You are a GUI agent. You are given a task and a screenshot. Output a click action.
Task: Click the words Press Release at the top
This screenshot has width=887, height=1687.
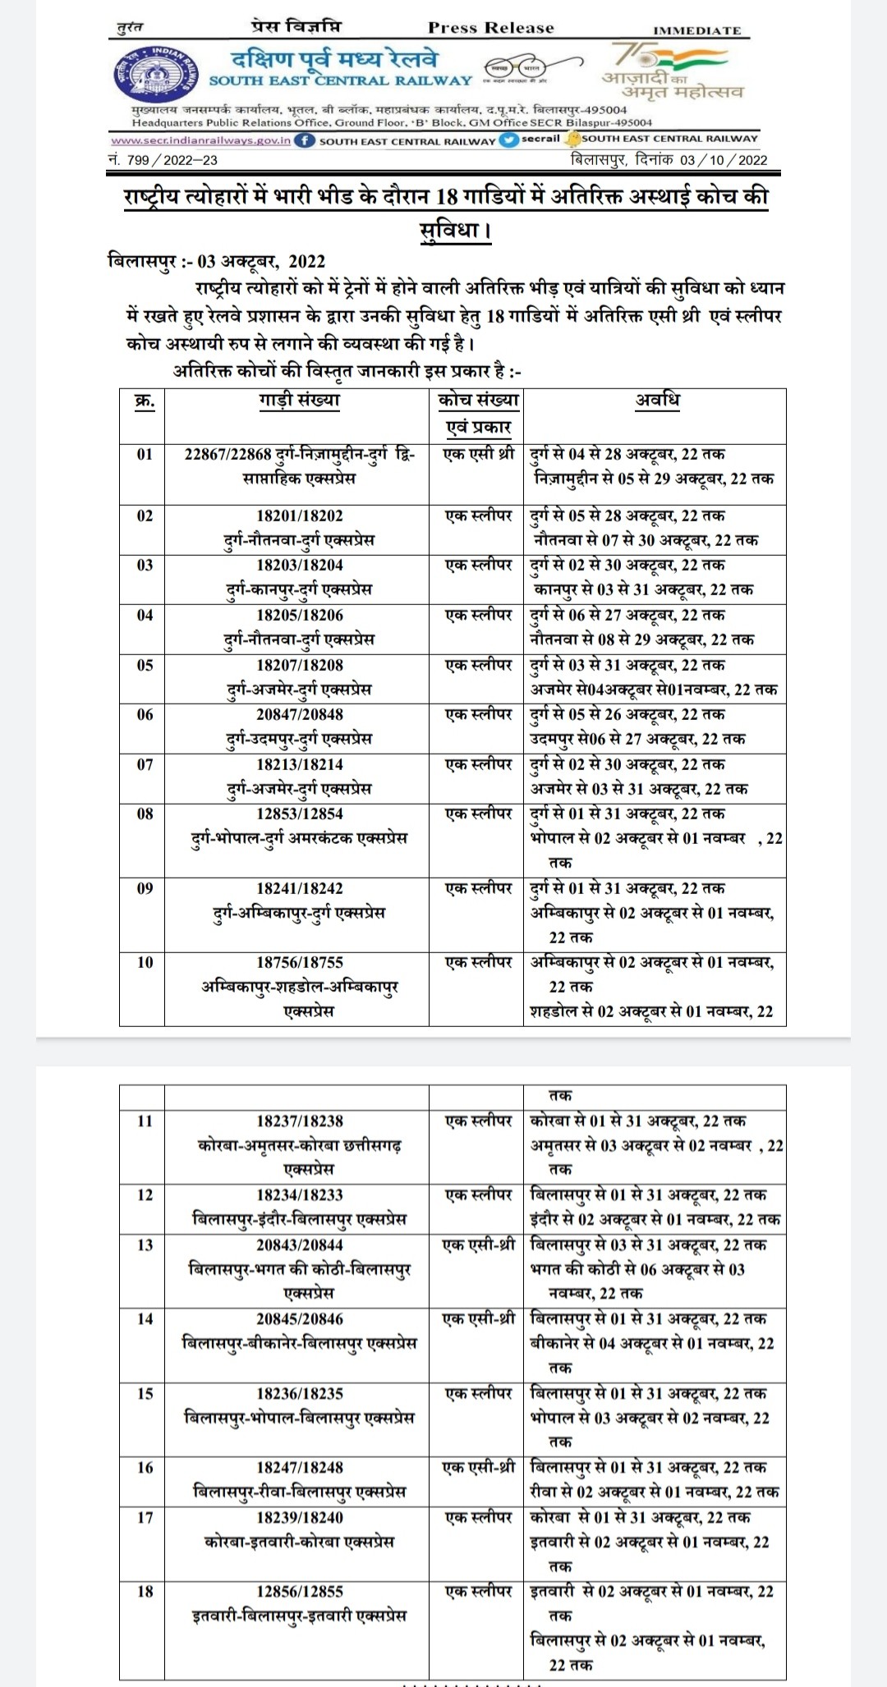pyautogui.click(x=491, y=28)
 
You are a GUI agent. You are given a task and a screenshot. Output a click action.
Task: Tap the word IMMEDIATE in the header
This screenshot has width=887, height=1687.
pyautogui.click(x=696, y=30)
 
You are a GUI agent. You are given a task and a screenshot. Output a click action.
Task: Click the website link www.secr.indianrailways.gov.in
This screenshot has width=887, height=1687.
pyautogui.click(x=200, y=140)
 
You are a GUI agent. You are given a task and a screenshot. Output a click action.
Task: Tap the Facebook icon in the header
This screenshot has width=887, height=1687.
pyautogui.click(x=304, y=140)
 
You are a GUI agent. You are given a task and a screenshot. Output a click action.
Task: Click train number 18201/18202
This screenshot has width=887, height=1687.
pyautogui.click(x=300, y=516)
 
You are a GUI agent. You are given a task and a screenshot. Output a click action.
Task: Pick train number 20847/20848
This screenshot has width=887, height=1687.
pyautogui.click(x=300, y=714)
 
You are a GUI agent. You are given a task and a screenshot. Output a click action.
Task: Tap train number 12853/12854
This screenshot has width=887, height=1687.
pyautogui.click(x=300, y=814)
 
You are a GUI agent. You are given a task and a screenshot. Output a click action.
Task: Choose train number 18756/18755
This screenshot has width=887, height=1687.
pyautogui.click(x=300, y=962)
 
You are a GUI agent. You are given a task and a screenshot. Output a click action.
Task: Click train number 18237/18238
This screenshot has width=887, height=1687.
pyautogui.click(x=300, y=1121)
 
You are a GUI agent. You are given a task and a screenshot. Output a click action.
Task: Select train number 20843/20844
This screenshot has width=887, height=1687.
pyautogui.click(x=300, y=1245)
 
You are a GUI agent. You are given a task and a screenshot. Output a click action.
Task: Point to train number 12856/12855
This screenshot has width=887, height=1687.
pyautogui.click(x=300, y=1591)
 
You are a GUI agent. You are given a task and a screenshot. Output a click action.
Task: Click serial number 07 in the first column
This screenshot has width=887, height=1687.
pyautogui.click(x=145, y=764)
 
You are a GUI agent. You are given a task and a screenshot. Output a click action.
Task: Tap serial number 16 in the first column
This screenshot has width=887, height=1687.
pyautogui.click(x=145, y=1467)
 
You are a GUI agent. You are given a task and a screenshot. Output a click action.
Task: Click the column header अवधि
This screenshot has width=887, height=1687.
pyautogui.click(x=657, y=401)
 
